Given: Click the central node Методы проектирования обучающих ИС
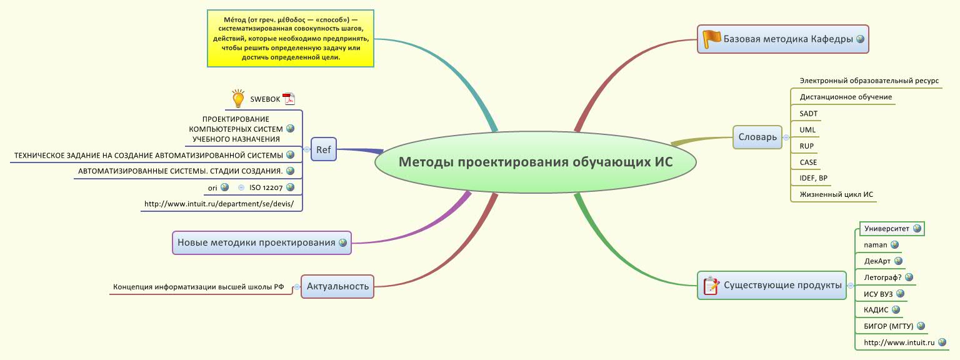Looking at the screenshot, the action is point(536,162).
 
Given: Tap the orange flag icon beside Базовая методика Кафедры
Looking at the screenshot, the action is point(711,39).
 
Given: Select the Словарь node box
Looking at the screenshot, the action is point(757,136).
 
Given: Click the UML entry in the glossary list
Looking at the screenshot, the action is point(807,130).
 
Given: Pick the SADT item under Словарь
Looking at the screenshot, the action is point(808,114).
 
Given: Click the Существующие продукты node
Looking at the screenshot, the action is point(782,286).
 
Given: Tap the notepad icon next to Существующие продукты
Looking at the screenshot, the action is point(711,286).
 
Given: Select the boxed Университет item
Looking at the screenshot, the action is point(886,229).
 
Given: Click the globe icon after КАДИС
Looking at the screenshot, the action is point(896,309).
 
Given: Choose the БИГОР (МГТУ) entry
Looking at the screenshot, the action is point(888,326).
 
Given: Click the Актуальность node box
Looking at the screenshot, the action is point(337,287).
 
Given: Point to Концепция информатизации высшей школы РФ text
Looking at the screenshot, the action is point(198,287).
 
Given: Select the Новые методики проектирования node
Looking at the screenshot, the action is point(256,242).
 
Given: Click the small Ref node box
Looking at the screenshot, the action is point(323,149).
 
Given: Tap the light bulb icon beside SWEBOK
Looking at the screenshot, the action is point(237,99).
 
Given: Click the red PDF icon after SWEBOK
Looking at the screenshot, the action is point(288,99).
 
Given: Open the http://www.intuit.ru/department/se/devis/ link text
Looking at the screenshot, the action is point(223,204).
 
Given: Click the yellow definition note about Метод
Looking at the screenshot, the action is point(290,38).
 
